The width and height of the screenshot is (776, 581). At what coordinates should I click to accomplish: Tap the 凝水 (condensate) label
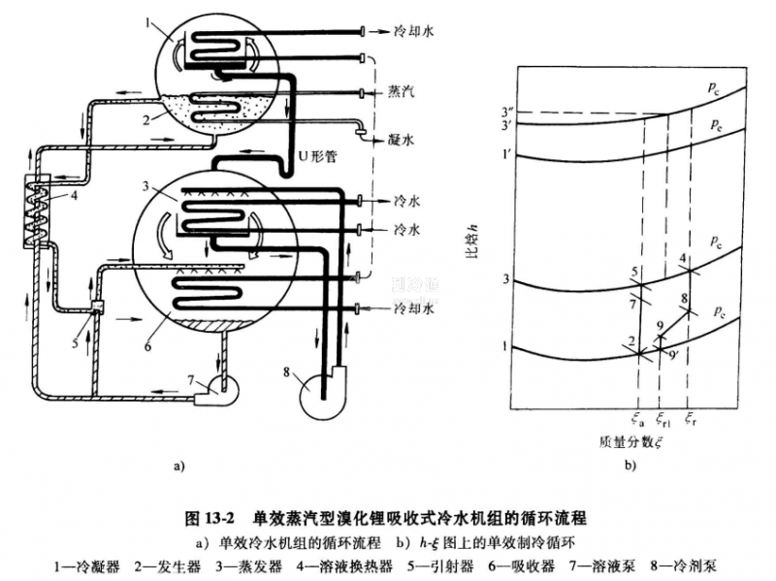[x=401, y=140]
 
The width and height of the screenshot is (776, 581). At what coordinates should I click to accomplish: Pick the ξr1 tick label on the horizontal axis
[x=663, y=419]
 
